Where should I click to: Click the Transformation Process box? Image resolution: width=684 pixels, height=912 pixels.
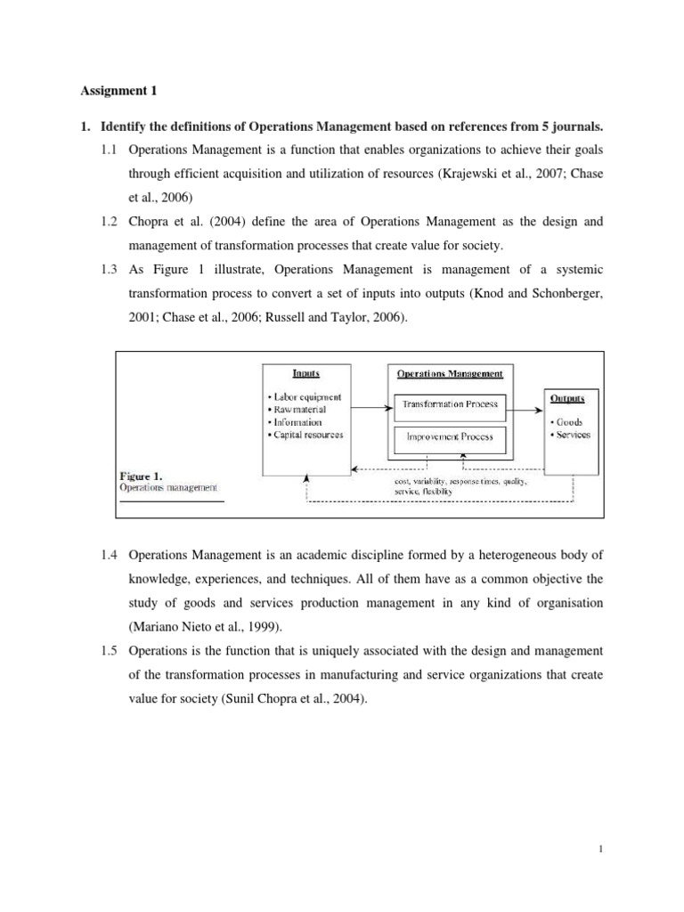(450, 403)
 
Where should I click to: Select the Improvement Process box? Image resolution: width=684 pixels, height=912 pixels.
(450, 436)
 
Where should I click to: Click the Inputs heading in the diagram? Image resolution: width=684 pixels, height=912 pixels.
(306, 374)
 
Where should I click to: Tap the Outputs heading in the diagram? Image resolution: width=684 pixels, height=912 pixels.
(570, 400)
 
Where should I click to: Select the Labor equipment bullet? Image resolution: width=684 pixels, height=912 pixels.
(305, 397)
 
